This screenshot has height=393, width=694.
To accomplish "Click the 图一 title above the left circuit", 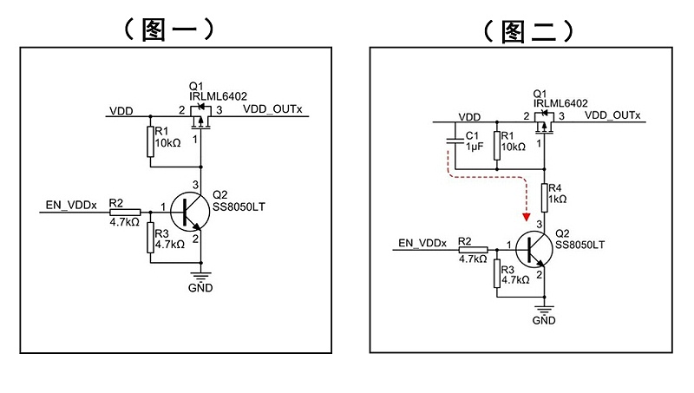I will click(169, 29).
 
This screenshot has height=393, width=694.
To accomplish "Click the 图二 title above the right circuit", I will click(527, 30).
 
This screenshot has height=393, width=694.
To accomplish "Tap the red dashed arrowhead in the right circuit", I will click(526, 217).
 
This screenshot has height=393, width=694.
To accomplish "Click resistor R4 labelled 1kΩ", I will click(544, 198).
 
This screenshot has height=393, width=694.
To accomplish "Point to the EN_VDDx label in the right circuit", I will click(422, 243).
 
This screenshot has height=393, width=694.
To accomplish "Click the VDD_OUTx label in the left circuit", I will click(272, 110).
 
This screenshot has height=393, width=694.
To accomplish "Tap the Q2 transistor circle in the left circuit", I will click(188, 212).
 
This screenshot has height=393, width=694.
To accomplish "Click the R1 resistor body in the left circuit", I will click(150, 141).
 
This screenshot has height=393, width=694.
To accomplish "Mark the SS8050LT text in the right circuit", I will click(579, 246).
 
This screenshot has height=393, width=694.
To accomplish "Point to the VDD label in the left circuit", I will click(121, 111).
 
